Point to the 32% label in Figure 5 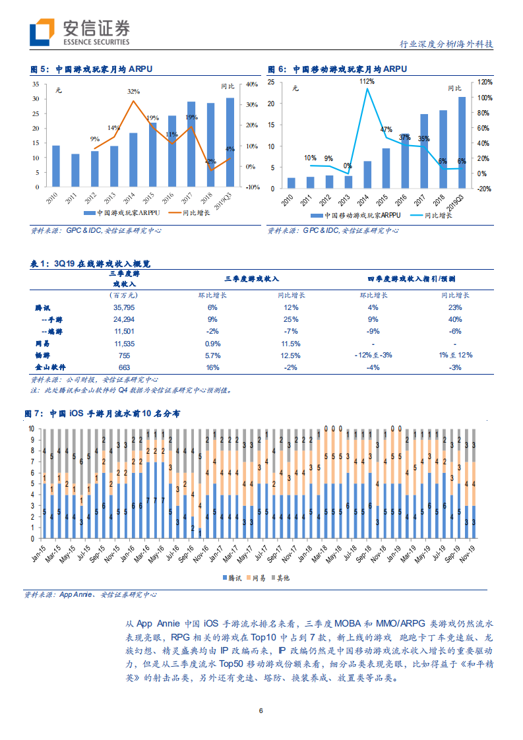pyautogui.click(x=133, y=91)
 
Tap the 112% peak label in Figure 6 pyautogui.click(x=367, y=81)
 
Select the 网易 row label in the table pyautogui.click(x=43, y=344)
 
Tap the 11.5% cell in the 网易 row pyautogui.click(x=290, y=344)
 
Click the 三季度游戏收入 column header pyautogui.click(x=252, y=279)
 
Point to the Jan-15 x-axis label pyautogui.click(x=40, y=551)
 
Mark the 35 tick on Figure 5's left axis pyautogui.click(x=36, y=84)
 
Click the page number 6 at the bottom pyautogui.click(x=261, y=711)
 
